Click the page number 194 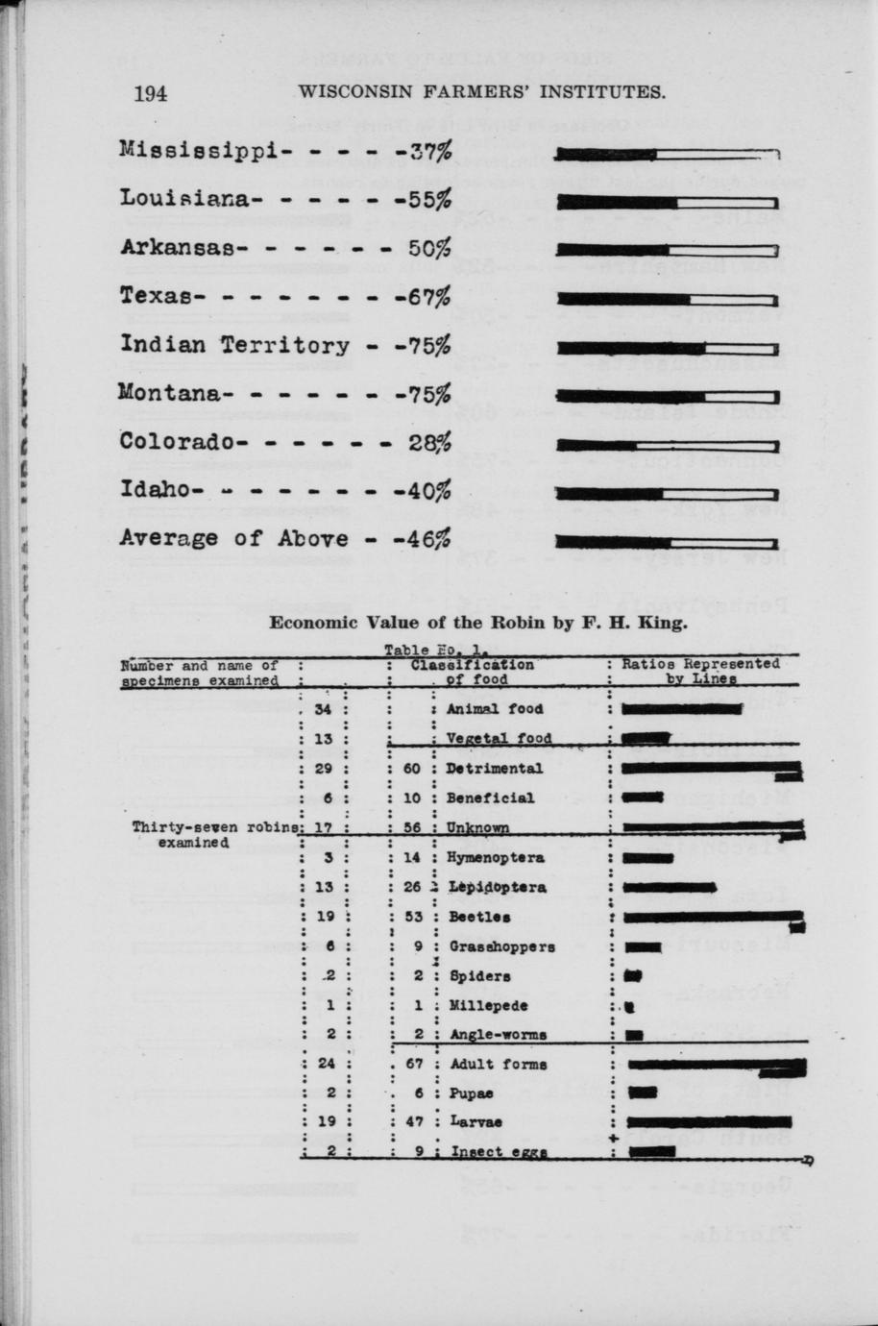coord(151,93)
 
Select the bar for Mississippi coord(667,154)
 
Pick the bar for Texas coord(667,299)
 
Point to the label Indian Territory coord(234,345)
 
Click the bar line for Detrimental coord(711,769)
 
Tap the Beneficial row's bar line coord(643,797)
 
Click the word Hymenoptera coord(496,857)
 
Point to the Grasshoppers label coord(501,946)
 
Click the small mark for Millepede coord(629,1006)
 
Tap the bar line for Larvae coord(709,1121)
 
